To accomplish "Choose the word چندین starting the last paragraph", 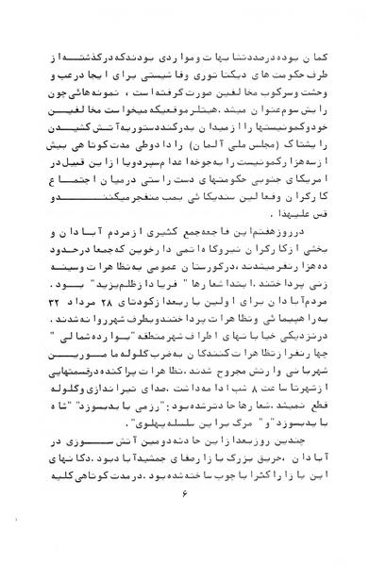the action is pyautogui.click(x=313, y=454).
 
